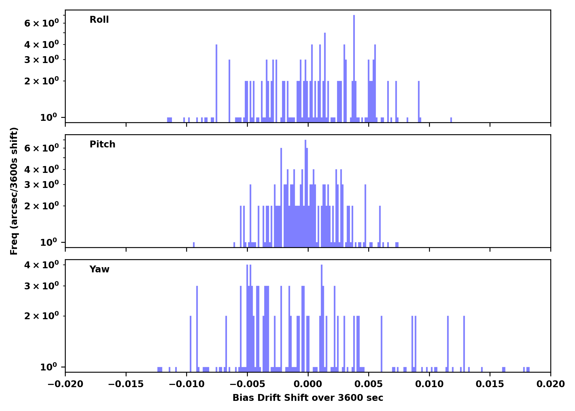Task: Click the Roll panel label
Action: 99,20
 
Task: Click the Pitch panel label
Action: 102,144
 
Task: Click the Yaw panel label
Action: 99,269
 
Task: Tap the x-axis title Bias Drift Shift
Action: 308,398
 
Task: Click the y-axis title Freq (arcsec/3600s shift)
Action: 14,191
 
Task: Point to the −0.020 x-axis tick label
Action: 65,384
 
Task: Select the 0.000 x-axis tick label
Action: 308,384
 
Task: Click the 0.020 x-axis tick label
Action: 550,384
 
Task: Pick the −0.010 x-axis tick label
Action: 186,384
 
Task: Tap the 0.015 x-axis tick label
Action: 490,384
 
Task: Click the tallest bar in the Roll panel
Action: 354,68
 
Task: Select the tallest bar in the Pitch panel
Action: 305,192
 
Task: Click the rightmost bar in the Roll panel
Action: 451,120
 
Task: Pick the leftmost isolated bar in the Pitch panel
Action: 194,244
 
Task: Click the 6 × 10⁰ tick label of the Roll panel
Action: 41,23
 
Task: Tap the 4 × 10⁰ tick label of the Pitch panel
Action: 41,170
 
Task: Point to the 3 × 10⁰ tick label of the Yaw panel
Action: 41,286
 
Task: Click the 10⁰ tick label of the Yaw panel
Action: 48,367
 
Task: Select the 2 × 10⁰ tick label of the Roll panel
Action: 41,81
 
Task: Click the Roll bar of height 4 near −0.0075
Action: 216,82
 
